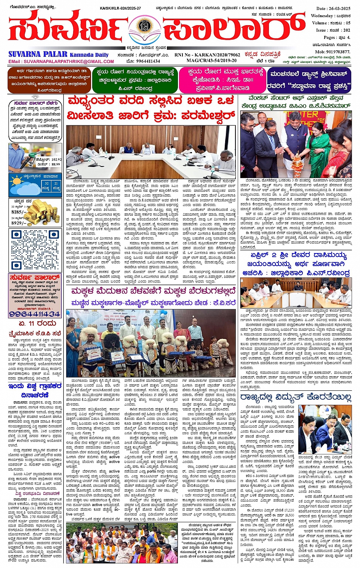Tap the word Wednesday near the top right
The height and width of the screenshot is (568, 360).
322,16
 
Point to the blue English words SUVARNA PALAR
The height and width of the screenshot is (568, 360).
38,55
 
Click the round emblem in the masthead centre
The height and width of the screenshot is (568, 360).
144,27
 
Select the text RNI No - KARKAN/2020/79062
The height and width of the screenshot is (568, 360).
207,55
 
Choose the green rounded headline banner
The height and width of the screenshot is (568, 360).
134,80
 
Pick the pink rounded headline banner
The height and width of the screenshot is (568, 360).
221,80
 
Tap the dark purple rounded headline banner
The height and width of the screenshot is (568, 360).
309,80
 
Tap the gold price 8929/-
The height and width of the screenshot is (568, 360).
19,223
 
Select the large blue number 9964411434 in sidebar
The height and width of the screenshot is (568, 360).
35,314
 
